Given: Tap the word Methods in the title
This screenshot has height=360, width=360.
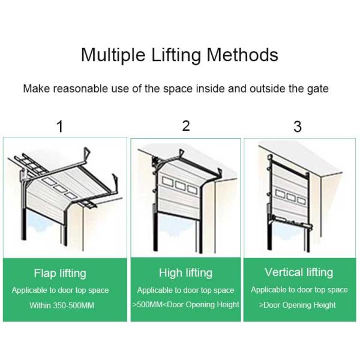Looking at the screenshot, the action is point(242,55).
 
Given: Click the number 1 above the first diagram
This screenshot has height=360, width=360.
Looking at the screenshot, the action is point(60,127).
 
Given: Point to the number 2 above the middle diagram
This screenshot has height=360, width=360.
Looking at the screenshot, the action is point(186,126).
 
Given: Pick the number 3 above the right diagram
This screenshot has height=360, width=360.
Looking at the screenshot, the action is point(298,127).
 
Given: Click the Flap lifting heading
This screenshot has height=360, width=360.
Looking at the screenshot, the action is point(60,274).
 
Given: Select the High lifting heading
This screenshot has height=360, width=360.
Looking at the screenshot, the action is point(186,273).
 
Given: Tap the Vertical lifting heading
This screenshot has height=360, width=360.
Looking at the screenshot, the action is point(299,272).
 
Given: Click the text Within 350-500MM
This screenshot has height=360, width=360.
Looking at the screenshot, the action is point(62,305).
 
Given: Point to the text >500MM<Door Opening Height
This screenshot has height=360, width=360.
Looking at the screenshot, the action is point(186,305).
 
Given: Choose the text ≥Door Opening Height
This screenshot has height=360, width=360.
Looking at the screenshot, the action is point(298,305).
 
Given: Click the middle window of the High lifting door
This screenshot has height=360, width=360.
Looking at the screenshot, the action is point(180,185).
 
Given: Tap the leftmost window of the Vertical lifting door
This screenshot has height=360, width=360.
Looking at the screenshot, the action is point(280,194).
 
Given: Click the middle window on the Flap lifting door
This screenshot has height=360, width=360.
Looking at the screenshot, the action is point(60,188).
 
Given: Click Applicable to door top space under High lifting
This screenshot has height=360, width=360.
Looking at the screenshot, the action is point(186,290).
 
